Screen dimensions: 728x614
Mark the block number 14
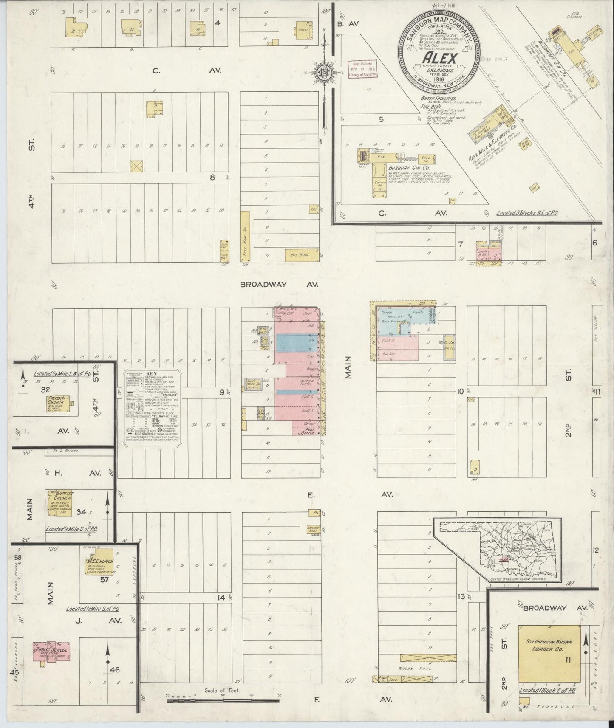pos(221,598)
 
